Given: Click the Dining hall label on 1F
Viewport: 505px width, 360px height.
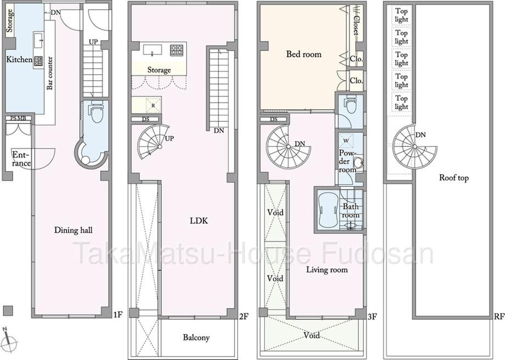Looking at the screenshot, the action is [73, 230].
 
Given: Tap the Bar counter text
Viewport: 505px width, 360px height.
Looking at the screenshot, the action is [49, 73].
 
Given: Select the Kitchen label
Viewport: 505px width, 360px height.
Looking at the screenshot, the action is [19, 60].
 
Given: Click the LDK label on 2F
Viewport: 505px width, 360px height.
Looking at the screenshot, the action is [199, 221].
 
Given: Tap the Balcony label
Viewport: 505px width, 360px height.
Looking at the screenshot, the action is [196, 337].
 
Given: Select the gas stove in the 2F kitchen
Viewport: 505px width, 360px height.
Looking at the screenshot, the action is [177, 50].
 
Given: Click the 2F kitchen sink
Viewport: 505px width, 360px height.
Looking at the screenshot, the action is [153, 50].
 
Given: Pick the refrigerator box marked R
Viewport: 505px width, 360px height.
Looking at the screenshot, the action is [153, 105].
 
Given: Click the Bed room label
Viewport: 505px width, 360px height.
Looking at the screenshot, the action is [304, 54].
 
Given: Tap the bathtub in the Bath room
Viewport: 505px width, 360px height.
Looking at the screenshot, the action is [328, 211].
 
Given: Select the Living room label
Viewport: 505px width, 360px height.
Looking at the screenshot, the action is [327, 269].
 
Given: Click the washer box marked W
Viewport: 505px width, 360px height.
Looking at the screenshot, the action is [346, 140].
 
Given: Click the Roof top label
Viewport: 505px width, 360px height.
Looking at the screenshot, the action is [454, 177].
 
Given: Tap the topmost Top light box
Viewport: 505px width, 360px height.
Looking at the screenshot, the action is [402, 15].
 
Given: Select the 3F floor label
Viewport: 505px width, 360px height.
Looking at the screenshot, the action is [372, 317].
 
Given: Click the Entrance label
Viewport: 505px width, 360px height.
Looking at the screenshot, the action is [21, 159].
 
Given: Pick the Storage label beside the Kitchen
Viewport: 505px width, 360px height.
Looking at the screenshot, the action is [10, 21].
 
